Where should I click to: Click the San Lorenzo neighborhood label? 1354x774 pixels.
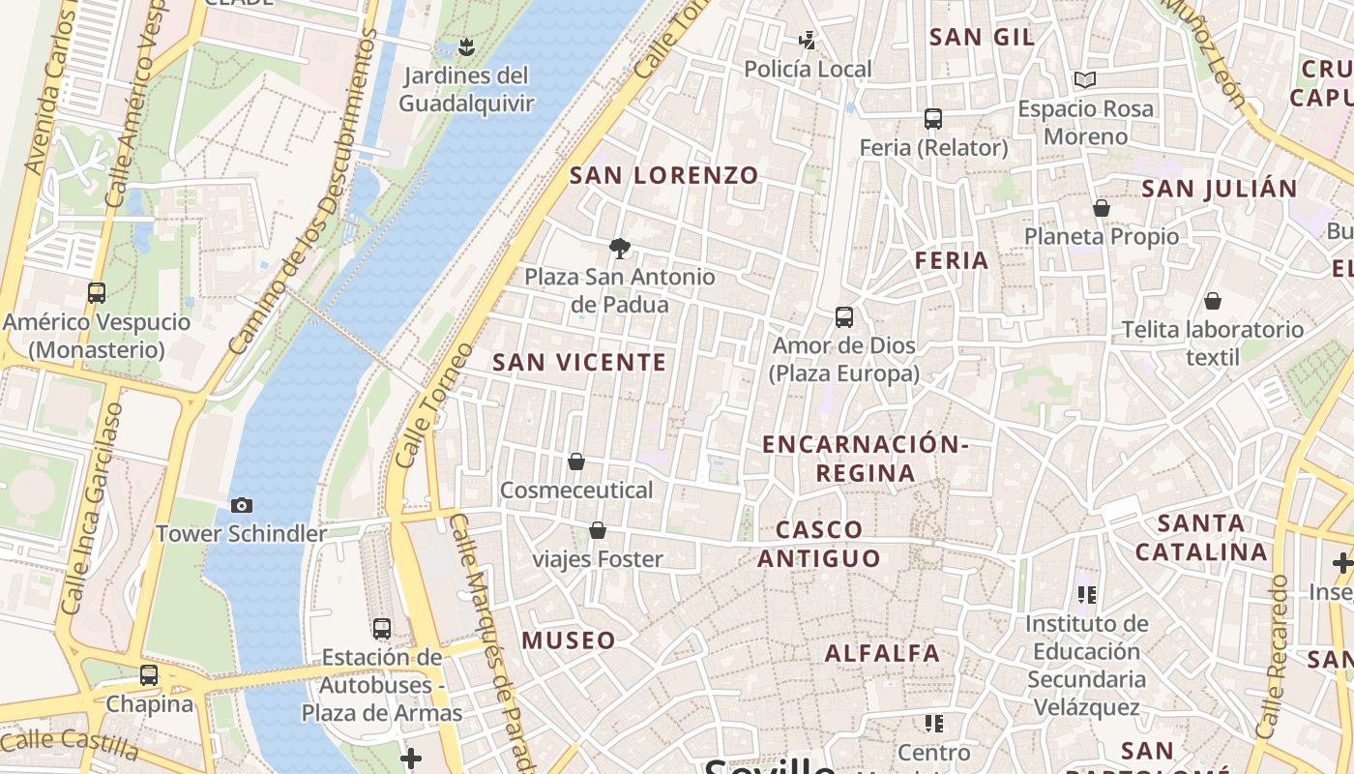click(x=664, y=176)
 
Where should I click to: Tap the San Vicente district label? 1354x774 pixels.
click(x=579, y=363)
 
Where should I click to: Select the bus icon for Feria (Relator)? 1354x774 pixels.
click(x=933, y=119)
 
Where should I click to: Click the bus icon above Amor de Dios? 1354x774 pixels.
click(x=844, y=317)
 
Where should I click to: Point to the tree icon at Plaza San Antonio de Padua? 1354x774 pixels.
click(x=620, y=249)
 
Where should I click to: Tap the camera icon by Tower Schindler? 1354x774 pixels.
click(x=242, y=505)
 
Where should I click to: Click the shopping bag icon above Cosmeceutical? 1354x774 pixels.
click(x=576, y=461)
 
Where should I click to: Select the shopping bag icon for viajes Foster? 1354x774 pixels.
click(x=598, y=530)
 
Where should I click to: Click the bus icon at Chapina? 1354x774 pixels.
click(x=149, y=675)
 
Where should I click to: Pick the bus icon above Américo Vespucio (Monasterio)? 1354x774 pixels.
click(x=97, y=293)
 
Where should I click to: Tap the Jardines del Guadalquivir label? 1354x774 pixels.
click(x=466, y=89)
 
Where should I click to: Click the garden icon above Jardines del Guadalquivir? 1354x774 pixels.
click(x=466, y=45)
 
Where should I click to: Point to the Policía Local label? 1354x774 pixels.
click(x=808, y=70)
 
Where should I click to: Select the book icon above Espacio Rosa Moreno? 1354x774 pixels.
click(x=1085, y=79)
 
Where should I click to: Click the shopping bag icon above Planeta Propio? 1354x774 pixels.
click(x=1101, y=208)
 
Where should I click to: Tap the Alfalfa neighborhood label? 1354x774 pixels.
click(x=882, y=653)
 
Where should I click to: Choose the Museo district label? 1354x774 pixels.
click(x=569, y=640)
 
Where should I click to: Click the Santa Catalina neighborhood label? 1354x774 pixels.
click(x=1201, y=538)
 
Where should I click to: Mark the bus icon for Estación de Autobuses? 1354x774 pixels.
click(x=382, y=629)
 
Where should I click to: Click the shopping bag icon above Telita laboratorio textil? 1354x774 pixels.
click(x=1212, y=301)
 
